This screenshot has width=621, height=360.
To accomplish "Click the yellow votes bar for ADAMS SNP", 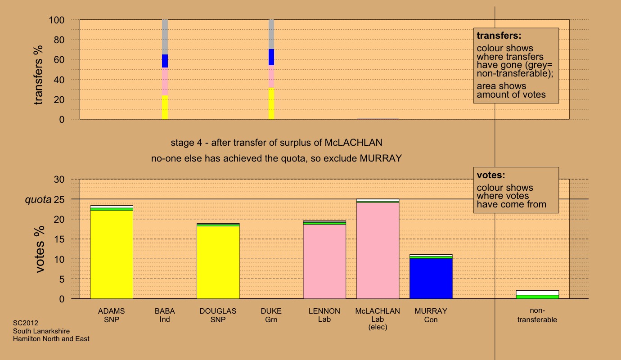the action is click(112, 254).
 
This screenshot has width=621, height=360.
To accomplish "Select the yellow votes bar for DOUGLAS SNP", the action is click(218, 262).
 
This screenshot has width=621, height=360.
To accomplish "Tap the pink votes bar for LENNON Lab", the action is click(324, 261).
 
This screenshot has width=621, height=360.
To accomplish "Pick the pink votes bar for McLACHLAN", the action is click(378, 251).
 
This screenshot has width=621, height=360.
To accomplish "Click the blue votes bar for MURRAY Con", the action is click(431, 279).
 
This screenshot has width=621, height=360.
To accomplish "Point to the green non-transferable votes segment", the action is click(537, 297).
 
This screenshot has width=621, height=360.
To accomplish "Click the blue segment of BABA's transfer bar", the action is click(165, 61).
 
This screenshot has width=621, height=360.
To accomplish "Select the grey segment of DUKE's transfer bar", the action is click(271, 34).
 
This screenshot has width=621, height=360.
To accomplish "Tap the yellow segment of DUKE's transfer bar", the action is click(271, 103).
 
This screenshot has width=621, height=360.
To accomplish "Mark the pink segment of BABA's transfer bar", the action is click(165, 81).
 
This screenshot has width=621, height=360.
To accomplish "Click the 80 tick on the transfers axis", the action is click(59, 40).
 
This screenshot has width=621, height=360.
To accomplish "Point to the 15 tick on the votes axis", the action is click(59, 239).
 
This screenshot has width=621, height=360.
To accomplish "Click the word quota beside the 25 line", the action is click(38, 199).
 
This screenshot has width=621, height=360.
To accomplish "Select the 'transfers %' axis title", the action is click(38, 75).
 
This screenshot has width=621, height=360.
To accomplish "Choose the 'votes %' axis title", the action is click(39, 249).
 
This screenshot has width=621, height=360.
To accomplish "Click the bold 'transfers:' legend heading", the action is click(499, 36).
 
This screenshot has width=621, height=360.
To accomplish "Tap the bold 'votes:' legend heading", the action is click(491, 175).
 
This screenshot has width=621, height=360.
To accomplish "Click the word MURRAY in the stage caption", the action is click(381, 158).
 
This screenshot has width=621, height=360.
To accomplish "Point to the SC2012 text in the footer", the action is click(26, 323).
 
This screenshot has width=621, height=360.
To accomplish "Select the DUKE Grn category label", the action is click(271, 315).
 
